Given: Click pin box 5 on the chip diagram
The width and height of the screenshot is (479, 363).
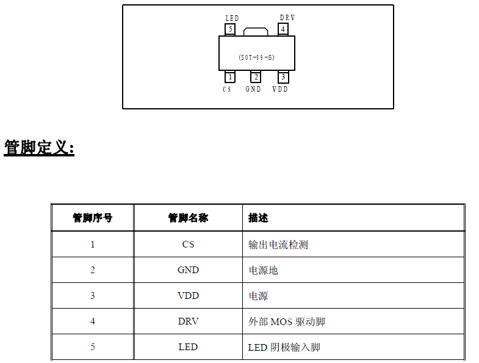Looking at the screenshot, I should point(230,29).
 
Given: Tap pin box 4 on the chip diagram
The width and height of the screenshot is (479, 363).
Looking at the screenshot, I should point(283,29).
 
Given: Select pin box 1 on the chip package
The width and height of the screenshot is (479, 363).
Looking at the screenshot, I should point(230,77).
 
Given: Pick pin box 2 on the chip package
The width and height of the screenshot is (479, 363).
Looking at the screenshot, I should point(256,77).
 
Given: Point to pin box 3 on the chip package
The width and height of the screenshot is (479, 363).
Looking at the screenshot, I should point(283,77).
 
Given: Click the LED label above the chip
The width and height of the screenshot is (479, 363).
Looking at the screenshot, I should point(232,18).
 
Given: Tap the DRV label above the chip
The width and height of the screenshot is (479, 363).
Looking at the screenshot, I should point(287,18).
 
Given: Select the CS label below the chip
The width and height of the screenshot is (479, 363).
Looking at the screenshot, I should point(227,89).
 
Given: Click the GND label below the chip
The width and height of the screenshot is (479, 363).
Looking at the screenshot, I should point(253,89).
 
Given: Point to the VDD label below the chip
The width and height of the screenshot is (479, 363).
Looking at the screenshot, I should point(280,89).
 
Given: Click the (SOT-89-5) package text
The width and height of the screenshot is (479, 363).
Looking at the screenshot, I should point(256,57).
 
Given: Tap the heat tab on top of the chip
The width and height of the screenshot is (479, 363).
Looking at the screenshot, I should point(256,31).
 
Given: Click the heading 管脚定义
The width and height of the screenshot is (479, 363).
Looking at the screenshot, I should point(39,148).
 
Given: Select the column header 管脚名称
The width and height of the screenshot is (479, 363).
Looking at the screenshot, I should point(188,218).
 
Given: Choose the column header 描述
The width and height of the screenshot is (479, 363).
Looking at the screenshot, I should point(258,218).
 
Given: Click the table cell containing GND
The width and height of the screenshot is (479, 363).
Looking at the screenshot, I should point(188,270).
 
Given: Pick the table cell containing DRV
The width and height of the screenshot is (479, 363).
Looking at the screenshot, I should point(188,321).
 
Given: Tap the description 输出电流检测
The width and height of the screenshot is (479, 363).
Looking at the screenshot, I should point(278,244).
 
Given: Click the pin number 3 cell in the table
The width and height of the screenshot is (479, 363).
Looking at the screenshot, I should point(93,296).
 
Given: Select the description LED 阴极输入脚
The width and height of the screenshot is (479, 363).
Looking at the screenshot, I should point(284,347).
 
